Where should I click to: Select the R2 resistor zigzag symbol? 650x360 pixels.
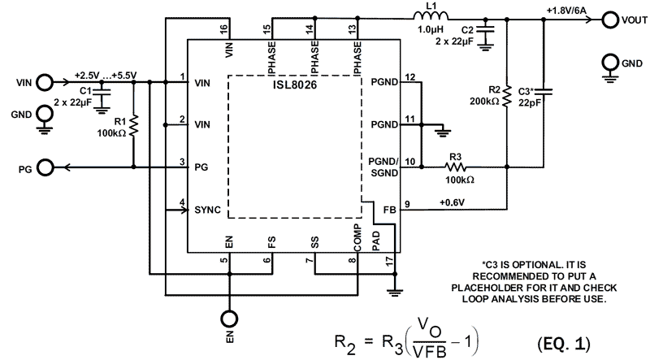point(506,98)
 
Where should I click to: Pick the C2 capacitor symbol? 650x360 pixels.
point(486,33)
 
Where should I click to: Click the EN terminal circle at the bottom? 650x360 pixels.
point(230,319)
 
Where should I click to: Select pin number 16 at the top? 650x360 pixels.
point(223,29)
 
